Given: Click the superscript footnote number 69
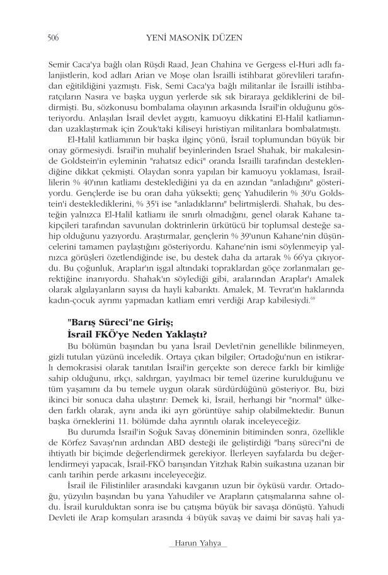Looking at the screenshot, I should coord(312,301).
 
